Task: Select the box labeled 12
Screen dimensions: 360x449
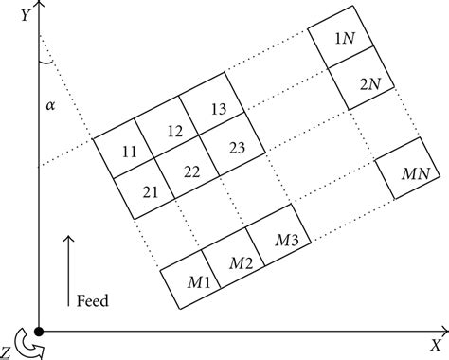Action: pyautogui.click(x=173, y=131)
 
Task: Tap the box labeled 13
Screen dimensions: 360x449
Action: pyautogui.click(x=217, y=110)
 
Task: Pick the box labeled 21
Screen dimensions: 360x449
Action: pyautogui.click(x=149, y=190)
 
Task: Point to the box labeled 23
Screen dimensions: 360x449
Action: pyautogui.click(x=236, y=149)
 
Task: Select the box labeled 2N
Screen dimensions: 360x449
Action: pyautogui.click(x=369, y=82)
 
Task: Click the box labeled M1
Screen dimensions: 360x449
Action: pyautogui.click(x=197, y=281)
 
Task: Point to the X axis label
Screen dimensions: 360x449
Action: pyautogui.click(x=437, y=344)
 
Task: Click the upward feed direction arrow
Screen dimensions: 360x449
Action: pyautogui.click(x=68, y=270)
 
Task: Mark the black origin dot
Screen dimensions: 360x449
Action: pyautogui.click(x=38, y=332)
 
